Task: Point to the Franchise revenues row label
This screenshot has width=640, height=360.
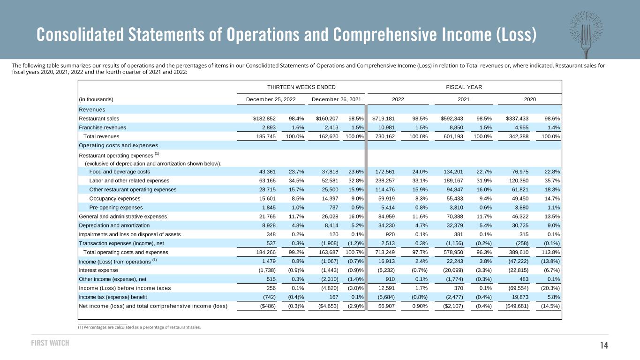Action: [103, 127]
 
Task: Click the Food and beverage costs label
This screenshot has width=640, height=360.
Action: [120, 172]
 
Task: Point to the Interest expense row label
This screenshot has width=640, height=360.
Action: [98, 270]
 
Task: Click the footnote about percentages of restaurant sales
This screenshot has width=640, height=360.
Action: [139, 327]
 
